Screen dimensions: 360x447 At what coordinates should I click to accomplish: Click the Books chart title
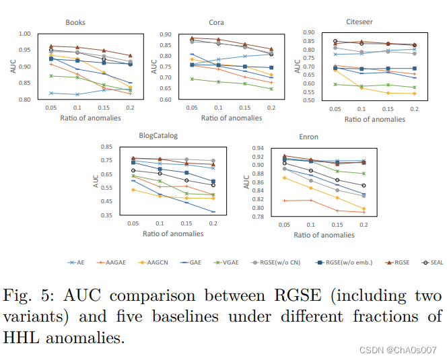click(75, 22)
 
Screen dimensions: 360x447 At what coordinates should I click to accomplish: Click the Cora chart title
click(217, 22)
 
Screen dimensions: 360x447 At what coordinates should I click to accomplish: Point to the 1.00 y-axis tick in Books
click(24, 34)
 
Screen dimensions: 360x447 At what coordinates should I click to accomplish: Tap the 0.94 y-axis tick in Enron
click(256, 148)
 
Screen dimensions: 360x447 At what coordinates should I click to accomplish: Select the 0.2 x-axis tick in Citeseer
click(414, 109)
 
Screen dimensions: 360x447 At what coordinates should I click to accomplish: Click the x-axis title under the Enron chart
click(324, 235)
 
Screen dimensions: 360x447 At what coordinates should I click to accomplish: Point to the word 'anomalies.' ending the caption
click(90, 338)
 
